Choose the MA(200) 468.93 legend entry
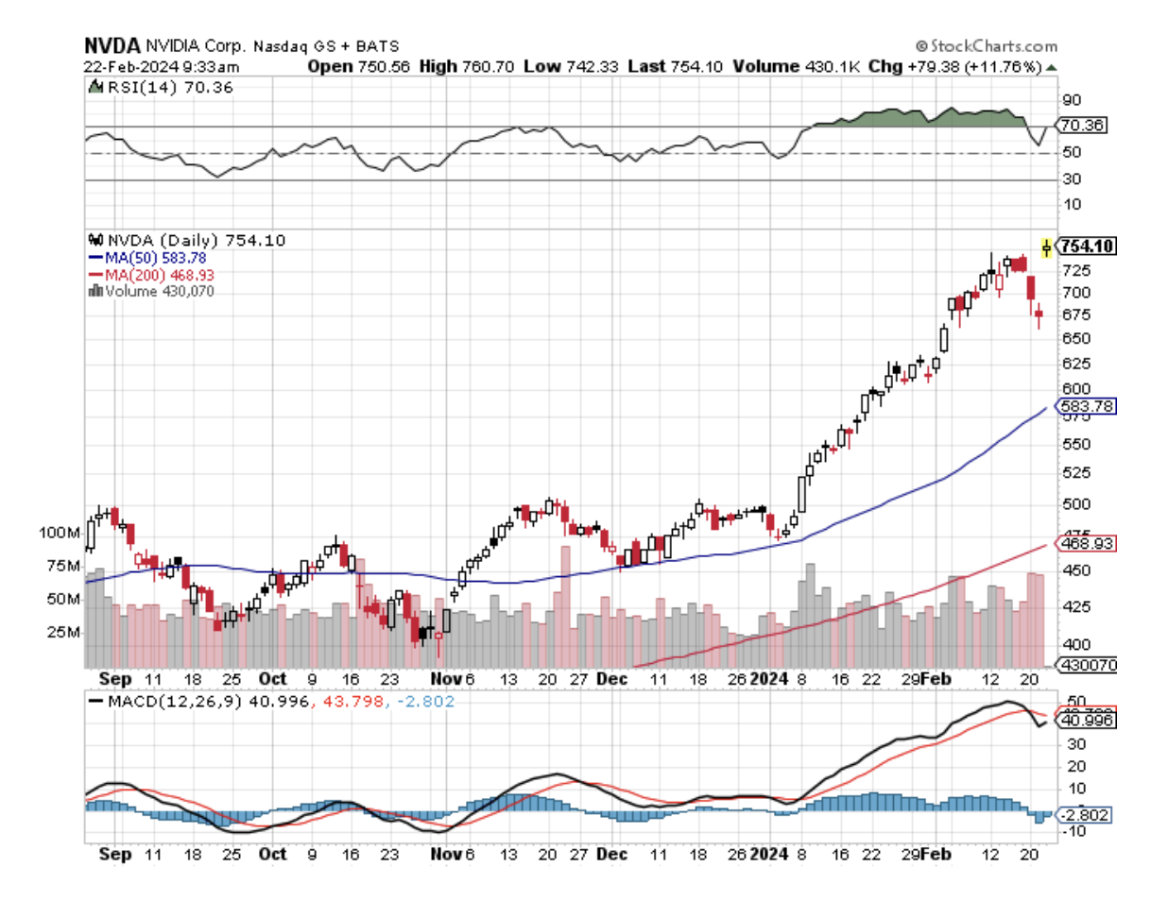(x=157, y=274)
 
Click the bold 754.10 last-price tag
(x=1089, y=246)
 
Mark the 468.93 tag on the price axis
(x=1087, y=545)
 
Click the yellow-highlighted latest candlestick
(x=1046, y=246)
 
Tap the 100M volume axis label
(x=59, y=533)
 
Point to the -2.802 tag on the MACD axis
(x=1087, y=814)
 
